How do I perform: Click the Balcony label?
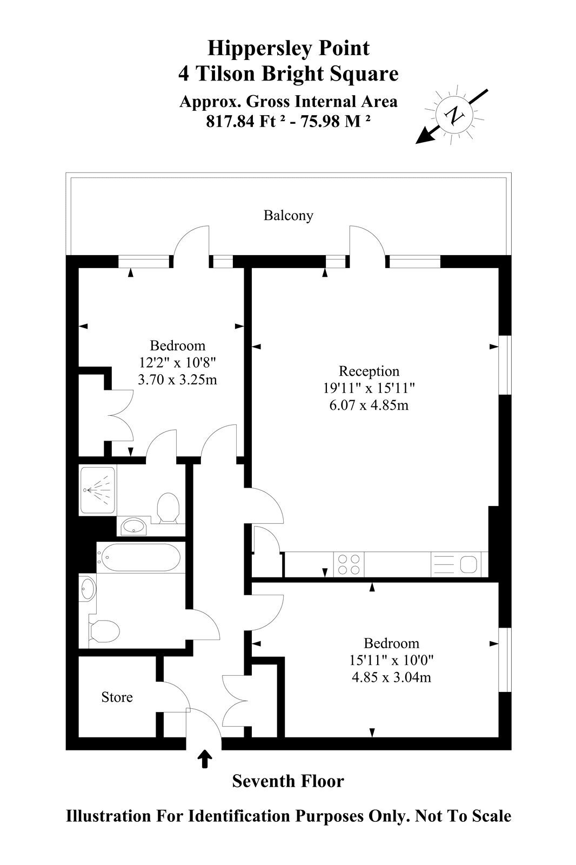click(x=288, y=216)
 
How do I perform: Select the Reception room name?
click(x=369, y=371)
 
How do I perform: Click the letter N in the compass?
click(x=454, y=115)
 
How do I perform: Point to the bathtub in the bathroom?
click(x=138, y=558)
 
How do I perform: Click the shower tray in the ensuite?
click(x=97, y=490)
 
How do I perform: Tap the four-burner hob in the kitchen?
click(x=349, y=564)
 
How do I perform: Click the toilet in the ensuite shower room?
click(x=169, y=508)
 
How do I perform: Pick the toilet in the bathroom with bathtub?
click(x=103, y=631)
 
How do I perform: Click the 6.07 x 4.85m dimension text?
click(x=369, y=405)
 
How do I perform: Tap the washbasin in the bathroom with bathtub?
click(x=88, y=588)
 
